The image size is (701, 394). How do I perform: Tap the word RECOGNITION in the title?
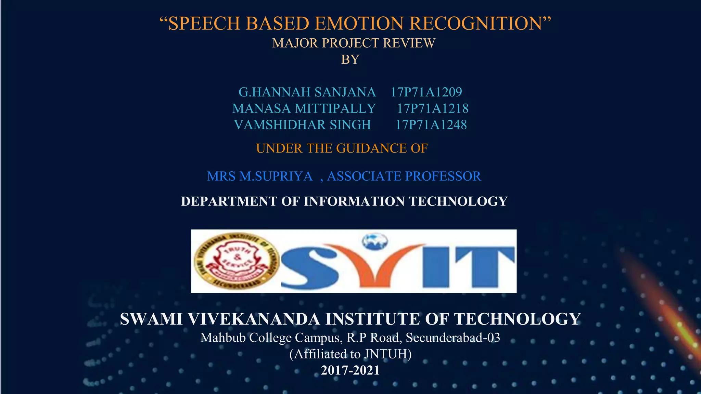pyautogui.click(x=478, y=24)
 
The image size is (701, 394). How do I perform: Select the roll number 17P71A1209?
pyautogui.click(x=426, y=92)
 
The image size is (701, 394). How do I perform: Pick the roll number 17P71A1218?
pyautogui.click(x=433, y=108)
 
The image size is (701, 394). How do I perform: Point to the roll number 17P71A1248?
pyautogui.click(x=431, y=125)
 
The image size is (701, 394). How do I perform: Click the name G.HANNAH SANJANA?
pyautogui.click(x=307, y=92)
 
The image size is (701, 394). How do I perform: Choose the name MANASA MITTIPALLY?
pyautogui.click(x=304, y=108)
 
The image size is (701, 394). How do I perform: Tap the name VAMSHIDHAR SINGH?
pyautogui.click(x=302, y=125)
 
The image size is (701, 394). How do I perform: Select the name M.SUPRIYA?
pyautogui.click(x=276, y=176)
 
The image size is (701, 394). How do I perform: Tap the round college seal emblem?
pyautogui.click(x=236, y=261)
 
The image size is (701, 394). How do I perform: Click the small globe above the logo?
pyautogui.click(x=375, y=241)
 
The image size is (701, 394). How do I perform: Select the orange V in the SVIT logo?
pyautogui.click(x=373, y=265)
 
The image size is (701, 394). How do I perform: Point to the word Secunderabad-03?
pyautogui.click(x=453, y=338)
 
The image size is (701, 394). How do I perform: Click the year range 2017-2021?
pyautogui.click(x=350, y=370)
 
